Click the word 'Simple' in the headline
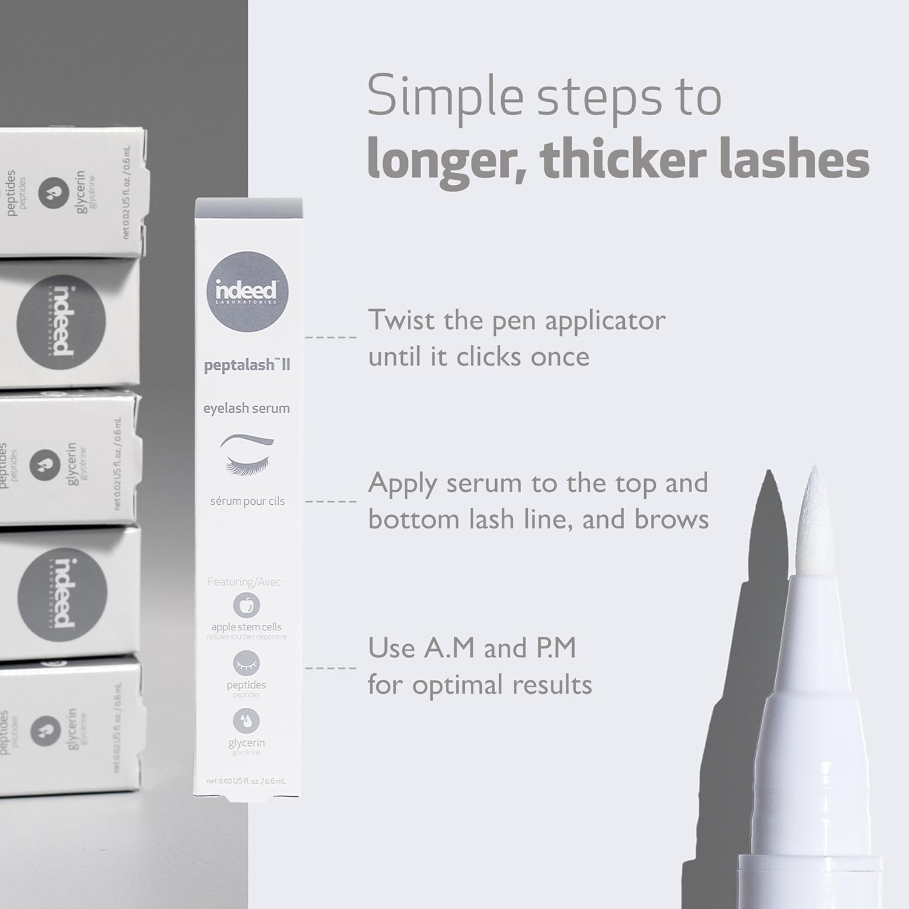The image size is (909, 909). point(445,97)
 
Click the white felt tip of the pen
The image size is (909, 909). point(812,515)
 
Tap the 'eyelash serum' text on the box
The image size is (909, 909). point(247,408)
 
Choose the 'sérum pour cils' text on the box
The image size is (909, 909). point(247,501)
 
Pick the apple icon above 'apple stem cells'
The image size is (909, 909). point(247,605)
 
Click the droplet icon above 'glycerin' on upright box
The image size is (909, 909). point(247,721)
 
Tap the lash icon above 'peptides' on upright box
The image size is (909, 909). point(247,663)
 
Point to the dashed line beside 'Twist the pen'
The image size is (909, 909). point(331,337)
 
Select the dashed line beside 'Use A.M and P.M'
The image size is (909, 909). point(331,668)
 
